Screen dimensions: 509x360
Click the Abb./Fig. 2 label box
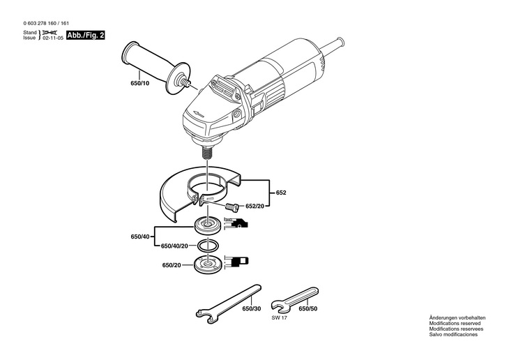point(85,35)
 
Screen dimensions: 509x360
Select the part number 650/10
point(140,84)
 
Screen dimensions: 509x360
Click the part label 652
point(281,193)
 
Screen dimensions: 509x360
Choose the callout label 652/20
point(254,206)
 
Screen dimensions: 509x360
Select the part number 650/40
point(140,237)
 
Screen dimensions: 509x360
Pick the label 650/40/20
point(174,246)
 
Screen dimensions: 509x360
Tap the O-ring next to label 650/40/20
point(207,246)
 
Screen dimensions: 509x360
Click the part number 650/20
point(172,265)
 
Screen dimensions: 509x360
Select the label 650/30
point(252,308)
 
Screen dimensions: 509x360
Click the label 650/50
point(308,308)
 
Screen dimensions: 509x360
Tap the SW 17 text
point(280,318)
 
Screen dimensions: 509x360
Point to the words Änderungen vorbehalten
point(457,318)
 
